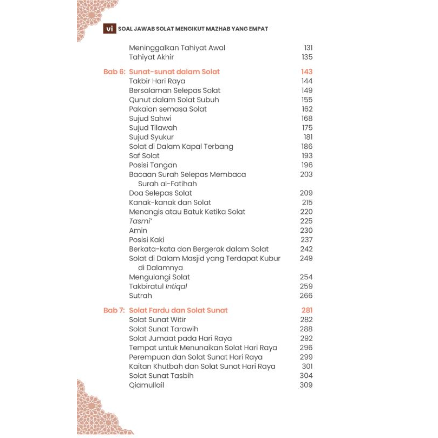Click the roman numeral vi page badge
pyautogui.click(x=109, y=29)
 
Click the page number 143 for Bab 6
pyautogui.click(x=306, y=72)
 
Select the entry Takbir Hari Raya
pyautogui.click(x=157, y=81)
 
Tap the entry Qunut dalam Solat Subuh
pyautogui.click(x=174, y=100)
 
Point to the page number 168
pyautogui.click(x=307, y=119)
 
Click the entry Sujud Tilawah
pyautogui.click(x=153, y=128)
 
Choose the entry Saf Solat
pyautogui.click(x=144, y=156)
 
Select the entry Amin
pyautogui.click(x=138, y=231)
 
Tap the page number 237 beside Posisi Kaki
pyautogui.click(x=306, y=240)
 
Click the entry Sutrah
pyautogui.click(x=140, y=296)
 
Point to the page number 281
pyautogui.click(x=307, y=311)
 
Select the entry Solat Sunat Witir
pyautogui.click(x=157, y=320)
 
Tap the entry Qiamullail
pyautogui.click(x=146, y=385)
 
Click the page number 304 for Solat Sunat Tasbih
pyautogui.click(x=306, y=376)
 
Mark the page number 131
pyautogui.click(x=308, y=48)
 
